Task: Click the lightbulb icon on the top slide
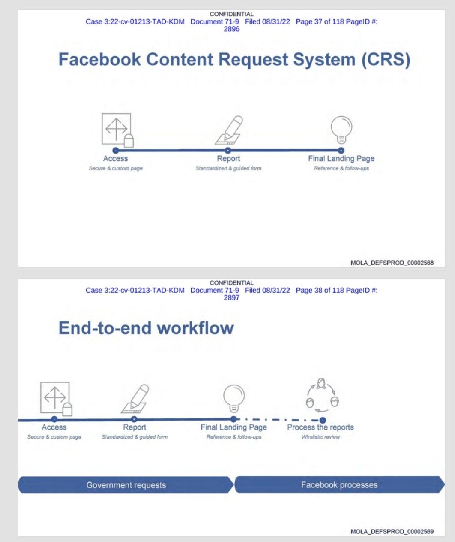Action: (341, 130)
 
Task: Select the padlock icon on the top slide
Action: (129, 141)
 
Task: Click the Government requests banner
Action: (126, 485)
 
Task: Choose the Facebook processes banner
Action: (339, 484)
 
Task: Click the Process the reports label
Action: (320, 427)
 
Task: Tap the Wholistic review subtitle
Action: (320, 437)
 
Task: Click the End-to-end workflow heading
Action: (146, 328)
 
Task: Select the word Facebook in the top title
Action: (99, 59)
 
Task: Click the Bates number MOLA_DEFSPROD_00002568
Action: (392, 263)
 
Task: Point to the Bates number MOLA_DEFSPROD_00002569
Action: (392, 532)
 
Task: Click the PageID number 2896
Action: (232, 29)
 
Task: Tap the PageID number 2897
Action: (232, 298)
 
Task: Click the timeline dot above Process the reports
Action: (323, 420)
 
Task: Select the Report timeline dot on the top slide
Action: (228, 150)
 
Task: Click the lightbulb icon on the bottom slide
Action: (234, 398)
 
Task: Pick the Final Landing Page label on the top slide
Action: (341, 158)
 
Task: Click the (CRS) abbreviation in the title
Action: (386, 60)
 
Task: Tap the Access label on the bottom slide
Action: (54, 427)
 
